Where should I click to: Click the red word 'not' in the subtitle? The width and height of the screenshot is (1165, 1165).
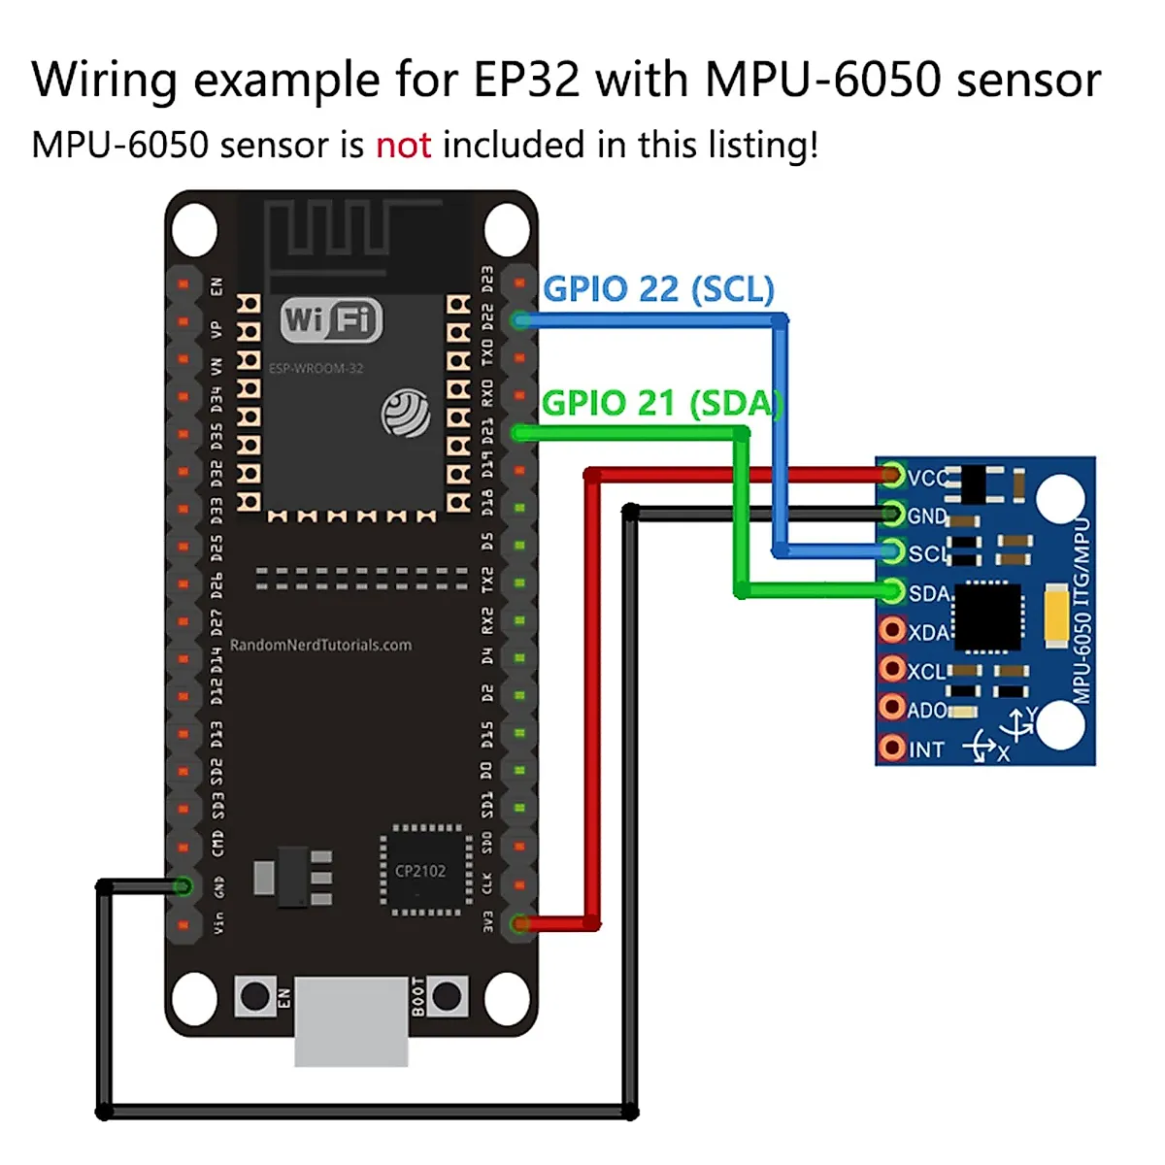coord(403,146)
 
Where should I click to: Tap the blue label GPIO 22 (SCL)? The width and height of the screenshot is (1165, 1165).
coord(658,288)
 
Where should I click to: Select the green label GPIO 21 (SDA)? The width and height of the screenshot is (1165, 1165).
coord(660,402)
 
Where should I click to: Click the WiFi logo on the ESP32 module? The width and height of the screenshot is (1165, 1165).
coord(331,319)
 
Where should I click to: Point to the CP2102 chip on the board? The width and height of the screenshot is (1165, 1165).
coord(420,871)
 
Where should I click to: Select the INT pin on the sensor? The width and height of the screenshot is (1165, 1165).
coord(891,748)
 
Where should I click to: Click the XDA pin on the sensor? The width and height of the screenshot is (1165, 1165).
coord(891,631)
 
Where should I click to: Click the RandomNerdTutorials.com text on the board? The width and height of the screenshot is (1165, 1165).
coord(320,645)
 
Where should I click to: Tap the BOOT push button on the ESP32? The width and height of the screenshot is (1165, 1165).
coord(448,996)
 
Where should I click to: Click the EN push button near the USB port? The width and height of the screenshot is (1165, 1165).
coord(254,996)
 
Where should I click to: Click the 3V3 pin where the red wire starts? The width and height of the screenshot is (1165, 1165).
coord(521,923)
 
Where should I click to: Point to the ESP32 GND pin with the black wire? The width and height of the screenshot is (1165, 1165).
coord(182,885)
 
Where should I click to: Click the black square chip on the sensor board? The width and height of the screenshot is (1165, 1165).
coord(988,616)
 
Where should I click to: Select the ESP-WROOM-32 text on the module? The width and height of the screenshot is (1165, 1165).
coord(316,368)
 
